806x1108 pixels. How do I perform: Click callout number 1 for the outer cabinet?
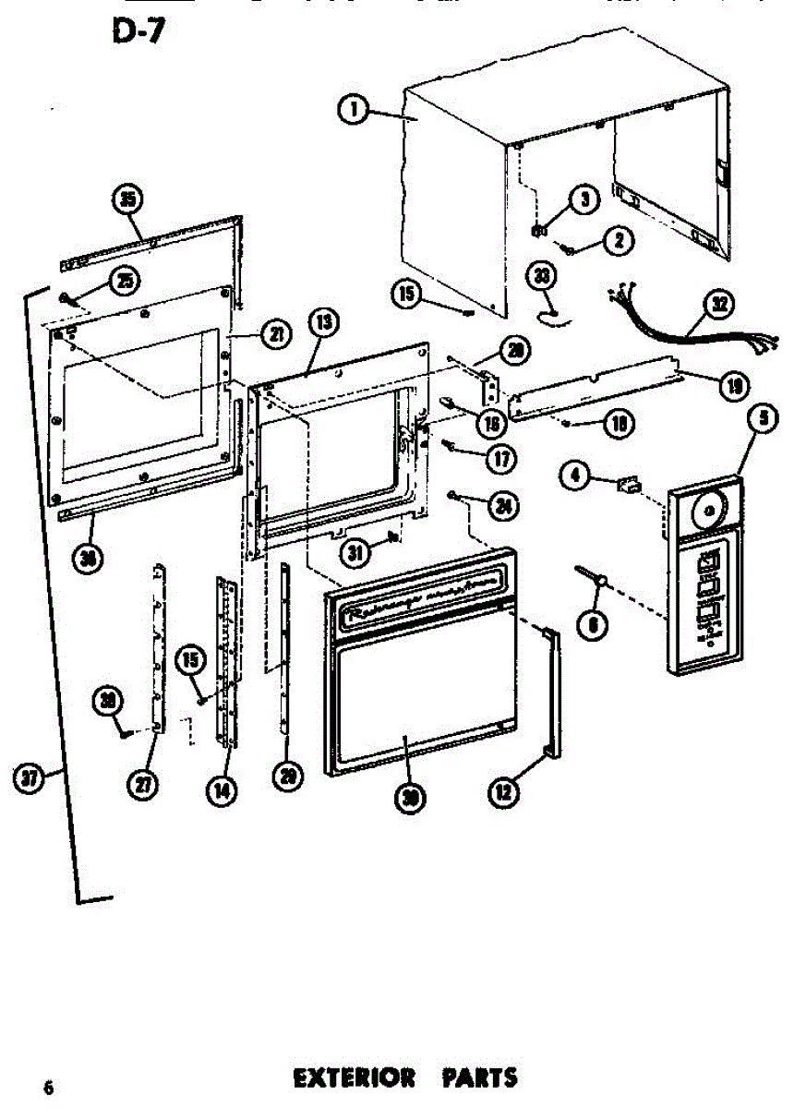(x=352, y=112)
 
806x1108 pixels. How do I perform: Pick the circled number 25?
(x=124, y=280)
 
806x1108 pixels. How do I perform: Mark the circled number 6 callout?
(x=592, y=625)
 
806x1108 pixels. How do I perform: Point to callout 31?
(x=355, y=553)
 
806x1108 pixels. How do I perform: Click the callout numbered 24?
(x=504, y=505)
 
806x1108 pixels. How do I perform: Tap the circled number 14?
(x=222, y=791)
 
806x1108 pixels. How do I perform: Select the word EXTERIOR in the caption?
(x=354, y=1078)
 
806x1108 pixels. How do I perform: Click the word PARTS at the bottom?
(x=480, y=1078)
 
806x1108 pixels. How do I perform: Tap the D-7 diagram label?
(x=135, y=30)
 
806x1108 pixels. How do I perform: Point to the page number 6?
(x=48, y=1087)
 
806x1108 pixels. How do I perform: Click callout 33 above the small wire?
(x=545, y=276)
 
